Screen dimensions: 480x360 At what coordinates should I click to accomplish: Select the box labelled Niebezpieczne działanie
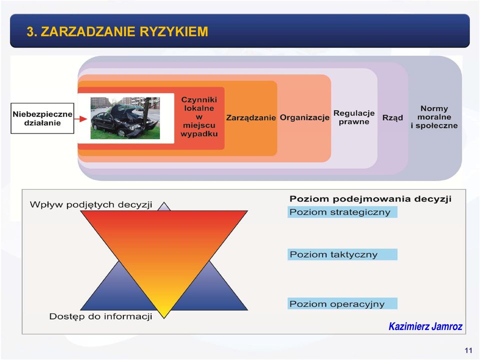click(x=42, y=118)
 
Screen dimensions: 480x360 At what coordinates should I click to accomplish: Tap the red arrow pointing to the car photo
click(x=81, y=119)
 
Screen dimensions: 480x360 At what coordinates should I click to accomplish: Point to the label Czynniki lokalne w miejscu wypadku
click(x=199, y=116)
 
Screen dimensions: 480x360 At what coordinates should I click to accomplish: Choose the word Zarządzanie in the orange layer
click(x=251, y=118)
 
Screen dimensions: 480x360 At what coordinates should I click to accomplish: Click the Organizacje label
click(x=304, y=117)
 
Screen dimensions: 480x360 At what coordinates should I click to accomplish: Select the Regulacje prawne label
click(x=354, y=117)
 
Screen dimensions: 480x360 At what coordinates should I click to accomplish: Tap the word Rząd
click(x=392, y=118)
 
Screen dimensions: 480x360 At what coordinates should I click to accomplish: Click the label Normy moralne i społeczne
click(x=434, y=117)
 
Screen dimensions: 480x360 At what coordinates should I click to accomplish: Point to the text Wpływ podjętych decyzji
click(x=91, y=205)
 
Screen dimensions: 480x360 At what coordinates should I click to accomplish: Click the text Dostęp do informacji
click(x=100, y=316)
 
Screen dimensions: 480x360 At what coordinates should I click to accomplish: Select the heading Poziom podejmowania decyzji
click(x=370, y=199)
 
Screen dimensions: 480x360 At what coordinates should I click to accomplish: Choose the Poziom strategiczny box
click(x=342, y=212)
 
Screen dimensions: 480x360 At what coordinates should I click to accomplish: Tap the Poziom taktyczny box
click(x=342, y=254)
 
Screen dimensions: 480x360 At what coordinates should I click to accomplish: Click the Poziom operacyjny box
click(x=342, y=303)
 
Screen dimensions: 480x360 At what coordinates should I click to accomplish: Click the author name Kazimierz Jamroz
click(x=425, y=326)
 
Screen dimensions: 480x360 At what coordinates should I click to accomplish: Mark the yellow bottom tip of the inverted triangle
click(x=164, y=318)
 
